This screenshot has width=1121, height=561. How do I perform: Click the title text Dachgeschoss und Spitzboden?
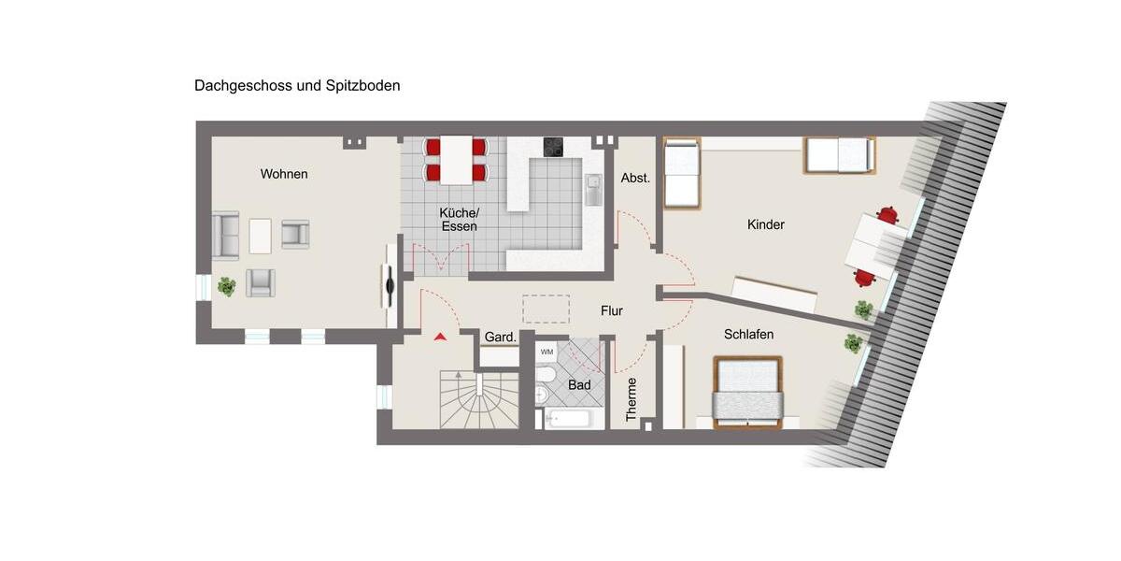click(297, 85)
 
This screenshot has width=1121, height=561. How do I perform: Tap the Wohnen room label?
click(284, 174)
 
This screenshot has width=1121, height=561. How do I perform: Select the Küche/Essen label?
click(459, 219)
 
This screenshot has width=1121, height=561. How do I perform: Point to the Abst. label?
click(635, 178)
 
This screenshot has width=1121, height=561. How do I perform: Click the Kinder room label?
click(765, 224)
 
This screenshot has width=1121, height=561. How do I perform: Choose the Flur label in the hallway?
click(612, 311)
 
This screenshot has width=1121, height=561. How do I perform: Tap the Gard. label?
click(501, 337)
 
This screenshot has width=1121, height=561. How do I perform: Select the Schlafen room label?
click(748, 334)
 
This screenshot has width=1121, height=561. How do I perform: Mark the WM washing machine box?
click(546, 352)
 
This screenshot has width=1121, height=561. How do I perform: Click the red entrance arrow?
click(440, 335)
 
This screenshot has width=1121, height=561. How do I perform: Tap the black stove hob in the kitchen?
click(554, 147)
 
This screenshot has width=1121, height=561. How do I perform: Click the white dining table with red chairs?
click(457, 160)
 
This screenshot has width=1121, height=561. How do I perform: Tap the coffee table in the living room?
click(261, 236)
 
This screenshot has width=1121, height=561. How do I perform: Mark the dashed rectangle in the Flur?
click(546, 309)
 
